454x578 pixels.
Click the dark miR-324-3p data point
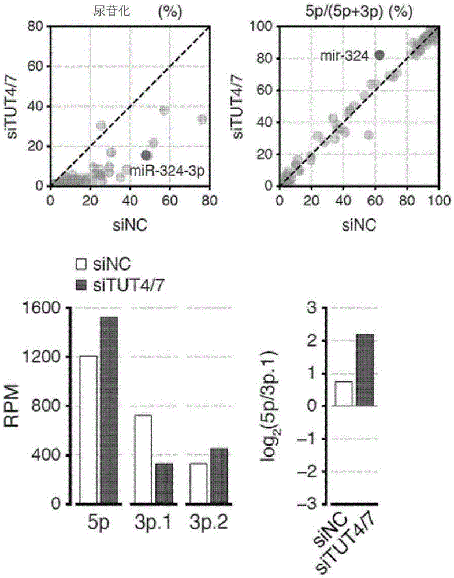pos(146,155)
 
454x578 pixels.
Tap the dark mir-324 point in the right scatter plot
pos(379,55)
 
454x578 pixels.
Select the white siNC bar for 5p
pos(88,430)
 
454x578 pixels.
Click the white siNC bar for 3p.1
pos(143,460)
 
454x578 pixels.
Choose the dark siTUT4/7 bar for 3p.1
pos(164,484)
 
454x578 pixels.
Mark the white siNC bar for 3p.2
pos(198,484)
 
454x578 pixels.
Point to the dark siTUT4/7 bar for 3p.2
pos(219,476)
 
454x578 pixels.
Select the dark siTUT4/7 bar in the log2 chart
pos(365,370)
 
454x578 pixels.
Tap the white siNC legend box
pos(81,264)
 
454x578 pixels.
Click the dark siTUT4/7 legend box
pos(81,286)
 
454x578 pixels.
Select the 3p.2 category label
pos(209,523)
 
